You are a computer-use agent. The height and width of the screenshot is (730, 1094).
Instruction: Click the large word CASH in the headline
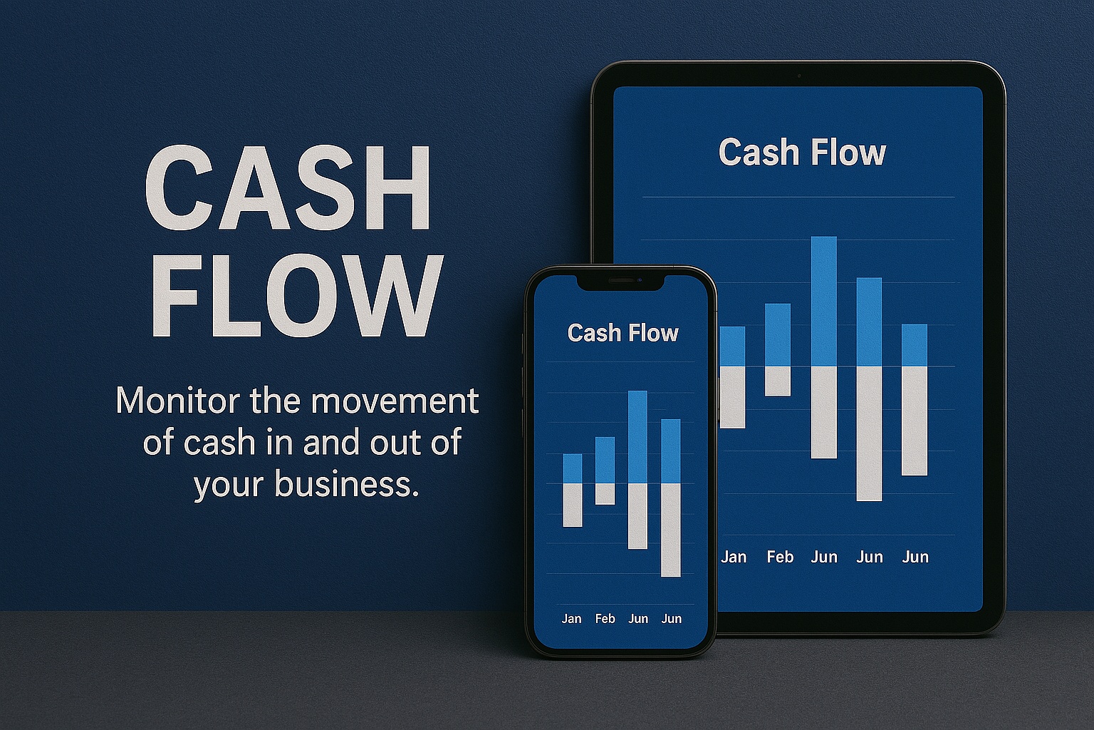(x=288, y=188)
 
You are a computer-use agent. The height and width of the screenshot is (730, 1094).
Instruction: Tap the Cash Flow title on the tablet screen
(x=802, y=153)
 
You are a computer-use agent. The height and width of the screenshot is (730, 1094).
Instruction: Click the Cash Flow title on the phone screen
(x=622, y=333)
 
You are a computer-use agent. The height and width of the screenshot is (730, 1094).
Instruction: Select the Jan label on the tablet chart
(x=734, y=557)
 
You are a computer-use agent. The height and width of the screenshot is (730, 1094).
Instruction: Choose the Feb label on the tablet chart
(x=780, y=557)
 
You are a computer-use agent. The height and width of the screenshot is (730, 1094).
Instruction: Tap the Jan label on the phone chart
(x=571, y=619)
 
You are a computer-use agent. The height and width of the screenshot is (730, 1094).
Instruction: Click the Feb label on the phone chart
(x=605, y=619)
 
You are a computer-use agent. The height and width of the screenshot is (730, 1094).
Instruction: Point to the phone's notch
(x=620, y=282)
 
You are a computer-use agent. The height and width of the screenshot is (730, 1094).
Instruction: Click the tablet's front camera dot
(x=798, y=76)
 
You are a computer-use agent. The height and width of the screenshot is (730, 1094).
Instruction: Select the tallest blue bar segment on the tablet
(x=823, y=302)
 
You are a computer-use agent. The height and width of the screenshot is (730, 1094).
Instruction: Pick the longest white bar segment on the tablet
(x=869, y=433)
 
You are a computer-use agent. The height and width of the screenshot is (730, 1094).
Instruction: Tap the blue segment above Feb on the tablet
(x=778, y=335)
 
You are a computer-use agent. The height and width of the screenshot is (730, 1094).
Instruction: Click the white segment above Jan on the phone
(x=573, y=505)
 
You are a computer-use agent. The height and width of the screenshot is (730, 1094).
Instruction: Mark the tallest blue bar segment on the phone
(x=637, y=437)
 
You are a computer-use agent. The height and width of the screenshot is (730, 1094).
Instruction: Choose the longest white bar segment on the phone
(x=671, y=530)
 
